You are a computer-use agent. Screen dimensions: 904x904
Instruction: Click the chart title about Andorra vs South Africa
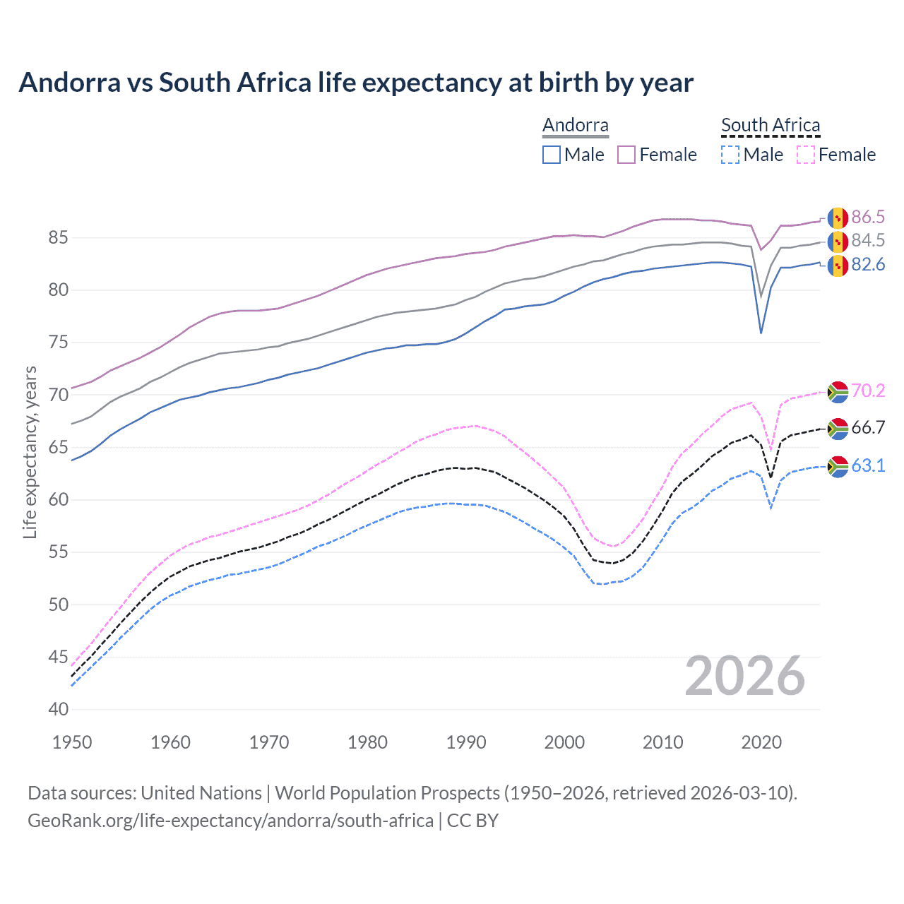356,83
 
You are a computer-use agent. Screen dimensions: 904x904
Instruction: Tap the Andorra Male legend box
552,155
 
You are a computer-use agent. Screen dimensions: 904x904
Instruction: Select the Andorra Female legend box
626,155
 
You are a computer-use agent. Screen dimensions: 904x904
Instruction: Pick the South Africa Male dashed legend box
730,155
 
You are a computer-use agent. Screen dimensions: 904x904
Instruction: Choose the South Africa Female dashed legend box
806,155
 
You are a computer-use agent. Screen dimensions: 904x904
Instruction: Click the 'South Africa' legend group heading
771,126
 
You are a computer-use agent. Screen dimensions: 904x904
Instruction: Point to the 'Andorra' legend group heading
576,126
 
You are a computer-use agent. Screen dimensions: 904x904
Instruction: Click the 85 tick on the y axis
58,238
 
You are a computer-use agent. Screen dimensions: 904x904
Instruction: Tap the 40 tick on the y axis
58,710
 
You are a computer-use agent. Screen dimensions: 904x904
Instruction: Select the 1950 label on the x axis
72,742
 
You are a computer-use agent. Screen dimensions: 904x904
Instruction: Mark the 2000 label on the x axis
564,742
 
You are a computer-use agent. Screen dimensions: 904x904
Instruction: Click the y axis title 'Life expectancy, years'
30,452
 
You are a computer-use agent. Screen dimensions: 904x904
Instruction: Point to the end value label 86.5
868,217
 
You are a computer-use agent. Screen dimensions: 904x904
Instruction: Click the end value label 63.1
868,466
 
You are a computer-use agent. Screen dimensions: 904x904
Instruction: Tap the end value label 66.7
868,427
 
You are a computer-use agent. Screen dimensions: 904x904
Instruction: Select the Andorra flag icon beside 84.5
838,241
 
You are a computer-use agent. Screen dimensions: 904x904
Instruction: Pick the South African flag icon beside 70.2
838,391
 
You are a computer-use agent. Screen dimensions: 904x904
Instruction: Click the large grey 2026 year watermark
745,676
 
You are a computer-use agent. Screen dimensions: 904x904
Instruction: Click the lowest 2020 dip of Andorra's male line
761,333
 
